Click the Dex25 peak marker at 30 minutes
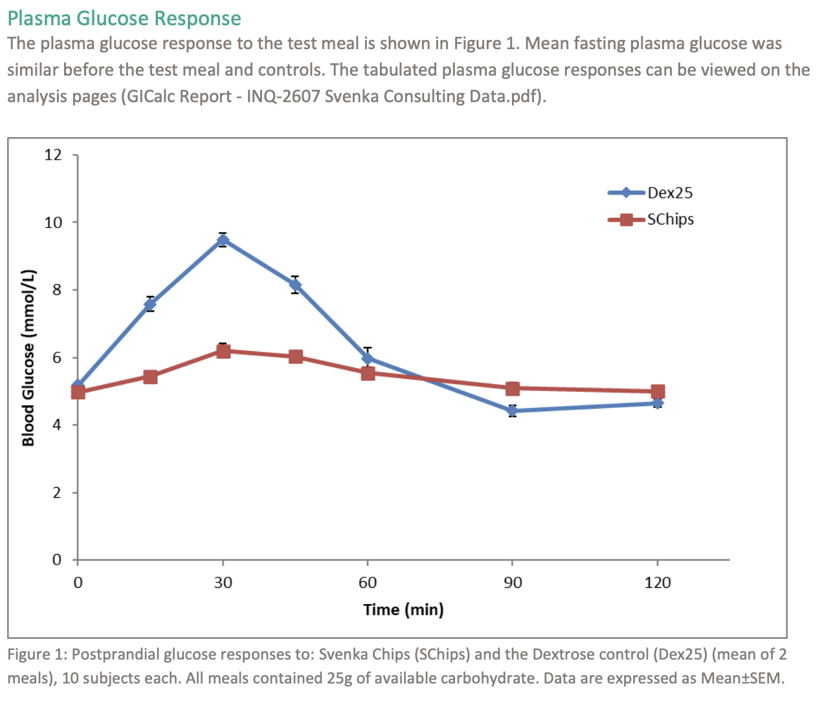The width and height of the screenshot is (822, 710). (x=223, y=241)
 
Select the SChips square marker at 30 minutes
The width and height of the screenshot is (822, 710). (x=223, y=351)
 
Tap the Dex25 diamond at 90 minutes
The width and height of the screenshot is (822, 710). (x=513, y=411)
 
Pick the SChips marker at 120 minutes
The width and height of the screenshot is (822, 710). (x=658, y=391)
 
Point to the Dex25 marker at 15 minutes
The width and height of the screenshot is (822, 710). (x=150, y=304)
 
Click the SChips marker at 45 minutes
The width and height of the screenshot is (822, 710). (x=296, y=357)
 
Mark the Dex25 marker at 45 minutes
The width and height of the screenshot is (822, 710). (x=295, y=285)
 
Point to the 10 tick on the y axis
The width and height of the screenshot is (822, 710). (x=53, y=222)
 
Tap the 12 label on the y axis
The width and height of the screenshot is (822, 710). (x=53, y=155)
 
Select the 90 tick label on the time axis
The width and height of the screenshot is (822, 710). (x=513, y=583)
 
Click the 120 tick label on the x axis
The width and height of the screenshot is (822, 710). (x=658, y=583)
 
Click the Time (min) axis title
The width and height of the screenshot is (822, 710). (x=403, y=610)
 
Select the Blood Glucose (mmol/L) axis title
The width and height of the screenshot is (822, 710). (x=28, y=358)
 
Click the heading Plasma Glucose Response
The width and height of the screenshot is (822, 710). (x=124, y=18)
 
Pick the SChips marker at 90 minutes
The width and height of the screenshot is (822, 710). (x=513, y=389)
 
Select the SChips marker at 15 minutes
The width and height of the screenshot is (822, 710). (x=150, y=377)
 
